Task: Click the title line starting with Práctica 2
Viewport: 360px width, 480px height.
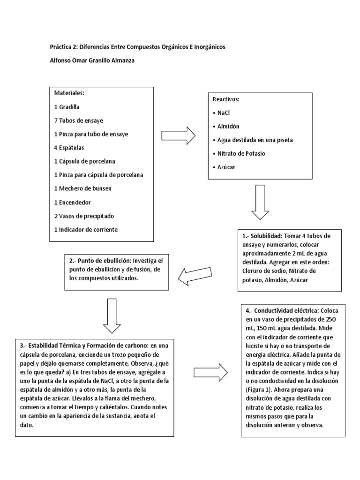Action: click(x=138, y=47)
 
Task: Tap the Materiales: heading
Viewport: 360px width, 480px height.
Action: click(x=69, y=93)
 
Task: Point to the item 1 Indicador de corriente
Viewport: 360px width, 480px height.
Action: click(x=86, y=229)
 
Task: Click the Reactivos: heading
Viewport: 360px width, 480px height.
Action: click(x=226, y=100)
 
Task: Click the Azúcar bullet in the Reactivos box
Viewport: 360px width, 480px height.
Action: click(x=225, y=166)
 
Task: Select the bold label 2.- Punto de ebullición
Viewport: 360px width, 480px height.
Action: click(x=100, y=261)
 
